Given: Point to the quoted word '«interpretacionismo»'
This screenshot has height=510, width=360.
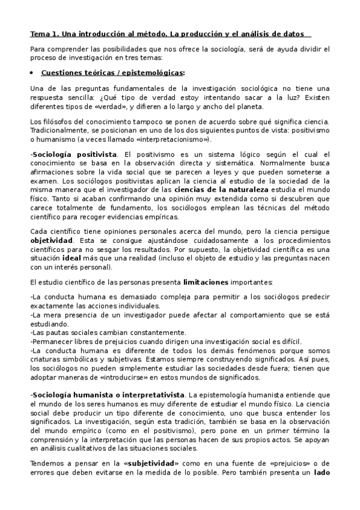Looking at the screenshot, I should [172, 140].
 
